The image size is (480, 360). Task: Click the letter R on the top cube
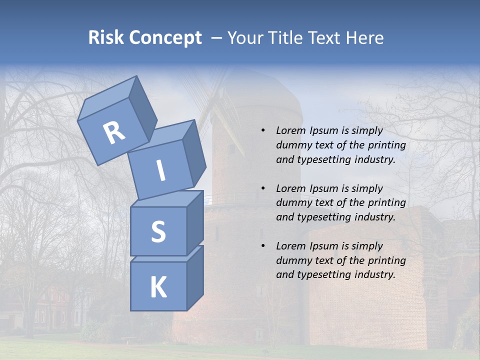[x=114, y=133]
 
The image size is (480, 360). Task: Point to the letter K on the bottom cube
[x=158, y=287]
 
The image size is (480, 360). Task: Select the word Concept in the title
[x=165, y=38]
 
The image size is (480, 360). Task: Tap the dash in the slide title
[x=217, y=38]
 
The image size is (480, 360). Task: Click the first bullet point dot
[x=263, y=131]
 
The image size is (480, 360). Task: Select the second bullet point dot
[x=263, y=189]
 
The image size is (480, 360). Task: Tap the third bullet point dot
[x=263, y=246]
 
